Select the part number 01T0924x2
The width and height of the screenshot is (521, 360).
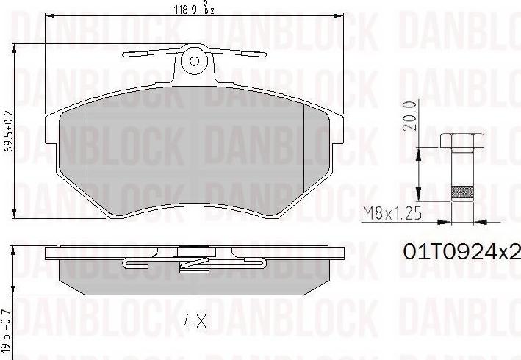click(x=461, y=252)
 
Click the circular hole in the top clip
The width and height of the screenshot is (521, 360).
click(x=195, y=60)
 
